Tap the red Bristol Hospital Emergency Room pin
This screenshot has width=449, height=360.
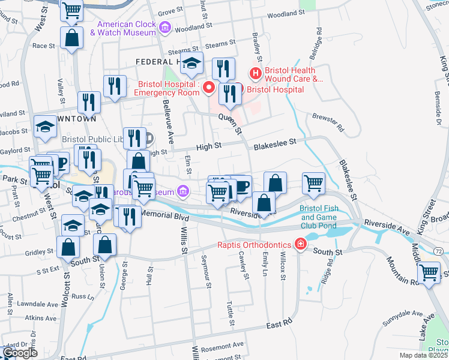(209, 88)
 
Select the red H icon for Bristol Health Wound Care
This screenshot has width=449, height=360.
(256, 74)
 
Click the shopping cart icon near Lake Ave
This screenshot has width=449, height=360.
(429, 273)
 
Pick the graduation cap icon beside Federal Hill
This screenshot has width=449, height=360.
(192, 63)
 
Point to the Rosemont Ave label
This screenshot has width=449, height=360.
(223, 345)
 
